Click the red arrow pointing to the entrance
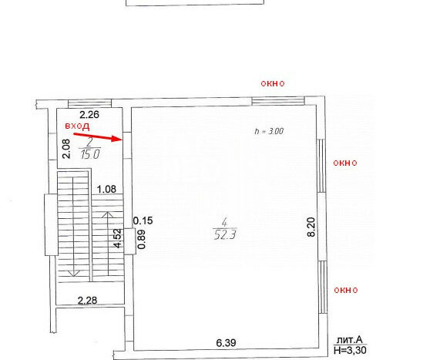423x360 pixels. pyautogui.click(x=98, y=137)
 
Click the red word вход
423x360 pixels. pyautogui.click(x=77, y=126)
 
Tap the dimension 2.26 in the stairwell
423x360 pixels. pyautogui.click(x=89, y=114)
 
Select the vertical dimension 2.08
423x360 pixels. pyautogui.click(x=66, y=149)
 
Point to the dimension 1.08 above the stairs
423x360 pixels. pyautogui.click(x=106, y=189)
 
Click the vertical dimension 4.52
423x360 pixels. pyautogui.click(x=118, y=238)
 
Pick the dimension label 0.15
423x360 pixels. pyautogui.click(x=143, y=220)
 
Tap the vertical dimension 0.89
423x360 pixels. pyautogui.click(x=142, y=240)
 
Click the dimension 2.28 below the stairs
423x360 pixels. pyautogui.click(x=87, y=301)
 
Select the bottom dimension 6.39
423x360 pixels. pyautogui.click(x=226, y=343)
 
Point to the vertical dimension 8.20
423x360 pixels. pyautogui.click(x=311, y=227)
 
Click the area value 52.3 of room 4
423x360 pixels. pyautogui.click(x=225, y=235)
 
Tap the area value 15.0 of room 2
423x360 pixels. pyautogui.click(x=90, y=154)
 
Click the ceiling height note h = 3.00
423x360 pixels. pyautogui.click(x=269, y=131)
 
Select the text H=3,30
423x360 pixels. pyautogui.click(x=350, y=350)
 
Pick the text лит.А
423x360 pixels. pyautogui.click(x=349, y=340)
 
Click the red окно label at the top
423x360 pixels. pyautogui.click(x=273, y=84)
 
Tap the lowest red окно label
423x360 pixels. pyautogui.click(x=346, y=290)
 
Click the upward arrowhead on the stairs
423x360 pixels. pyautogui.click(x=108, y=215)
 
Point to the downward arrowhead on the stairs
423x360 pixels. pyautogui.click(x=73, y=273)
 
